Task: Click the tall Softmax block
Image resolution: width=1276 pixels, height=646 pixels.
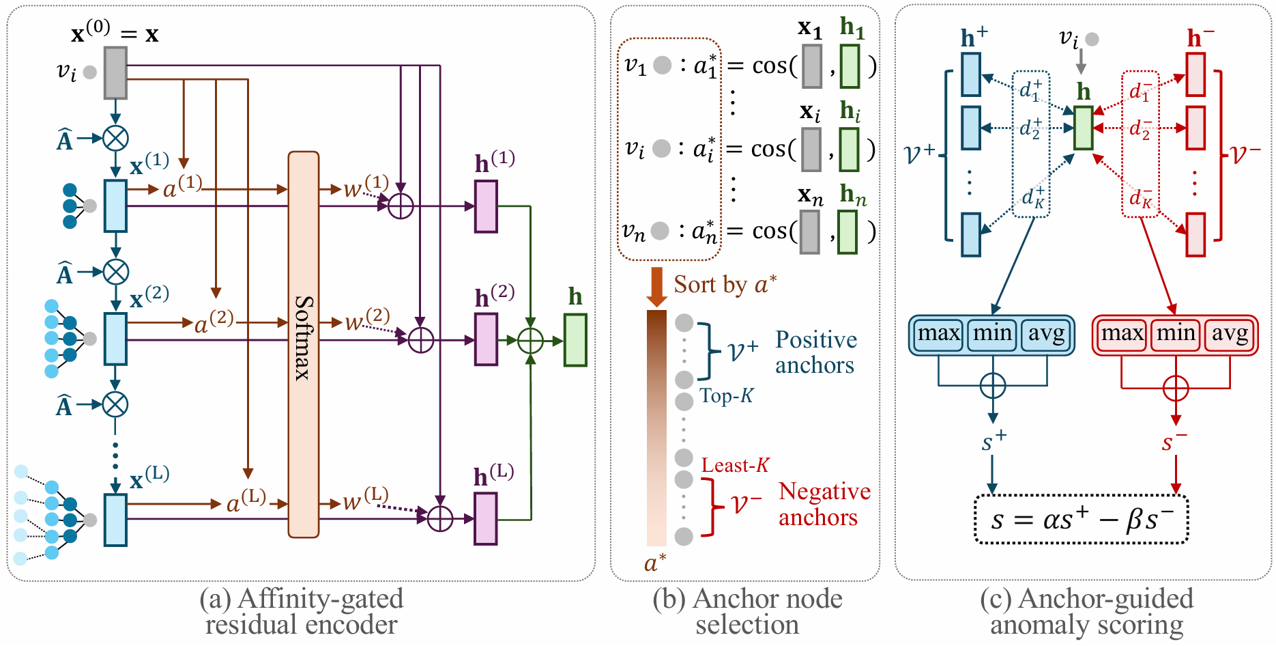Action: (304, 344)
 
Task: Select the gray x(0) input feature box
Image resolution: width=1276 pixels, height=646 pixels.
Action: (115, 72)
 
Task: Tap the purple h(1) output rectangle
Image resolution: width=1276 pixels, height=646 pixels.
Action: (486, 206)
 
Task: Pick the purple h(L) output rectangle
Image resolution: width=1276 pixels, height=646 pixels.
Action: (486, 519)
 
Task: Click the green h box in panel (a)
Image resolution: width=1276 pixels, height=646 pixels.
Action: (575, 340)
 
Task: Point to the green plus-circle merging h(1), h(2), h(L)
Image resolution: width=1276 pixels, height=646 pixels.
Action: (530, 340)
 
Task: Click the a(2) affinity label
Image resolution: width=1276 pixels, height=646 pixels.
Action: (214, 322)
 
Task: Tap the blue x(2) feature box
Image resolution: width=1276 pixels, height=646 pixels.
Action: (115, 339)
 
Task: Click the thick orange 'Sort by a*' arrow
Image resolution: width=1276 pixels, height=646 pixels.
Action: (656, 286)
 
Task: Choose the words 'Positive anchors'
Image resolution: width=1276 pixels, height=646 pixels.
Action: (815, 352)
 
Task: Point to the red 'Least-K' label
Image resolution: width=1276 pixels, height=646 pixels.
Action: (735, 466)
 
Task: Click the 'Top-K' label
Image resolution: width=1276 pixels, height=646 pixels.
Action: (726, 396)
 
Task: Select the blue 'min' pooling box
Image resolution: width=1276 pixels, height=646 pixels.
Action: (992, 335)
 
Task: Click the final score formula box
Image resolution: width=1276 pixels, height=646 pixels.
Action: (1082, 520)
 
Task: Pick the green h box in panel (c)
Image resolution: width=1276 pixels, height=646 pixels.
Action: (1084, 128)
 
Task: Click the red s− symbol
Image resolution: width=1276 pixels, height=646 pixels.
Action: (1174, 443)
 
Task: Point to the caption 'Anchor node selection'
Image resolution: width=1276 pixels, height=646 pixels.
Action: (747, 612)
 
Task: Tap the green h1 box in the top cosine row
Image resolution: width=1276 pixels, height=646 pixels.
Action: (850, 66)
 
